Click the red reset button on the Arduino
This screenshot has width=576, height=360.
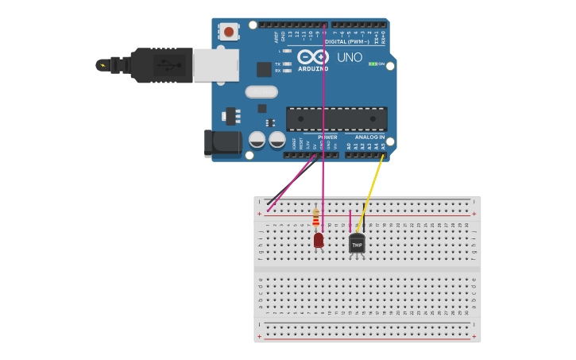[229, 32]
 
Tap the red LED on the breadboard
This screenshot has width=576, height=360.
[319, 239]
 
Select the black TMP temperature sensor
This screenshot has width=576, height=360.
[357, 244]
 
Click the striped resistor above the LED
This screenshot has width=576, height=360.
[316, 217]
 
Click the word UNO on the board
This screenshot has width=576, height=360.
[350, 57]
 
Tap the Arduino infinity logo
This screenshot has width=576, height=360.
[312, 57]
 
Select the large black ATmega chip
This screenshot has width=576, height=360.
[337, 118]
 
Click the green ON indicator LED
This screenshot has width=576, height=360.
[373, 64]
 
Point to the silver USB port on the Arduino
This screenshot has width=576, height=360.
[216, 65]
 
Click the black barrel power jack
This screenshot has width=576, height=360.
[222, 143]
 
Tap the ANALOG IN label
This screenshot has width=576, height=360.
[369, 137]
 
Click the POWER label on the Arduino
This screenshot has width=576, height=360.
[327, 137]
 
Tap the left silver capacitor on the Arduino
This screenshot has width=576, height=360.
[257, 140]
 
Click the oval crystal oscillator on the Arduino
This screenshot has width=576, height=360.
[261, 91]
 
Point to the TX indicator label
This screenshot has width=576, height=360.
[277, 64]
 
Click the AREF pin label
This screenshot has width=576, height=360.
[276, 37]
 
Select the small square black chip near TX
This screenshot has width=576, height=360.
[264, 69]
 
